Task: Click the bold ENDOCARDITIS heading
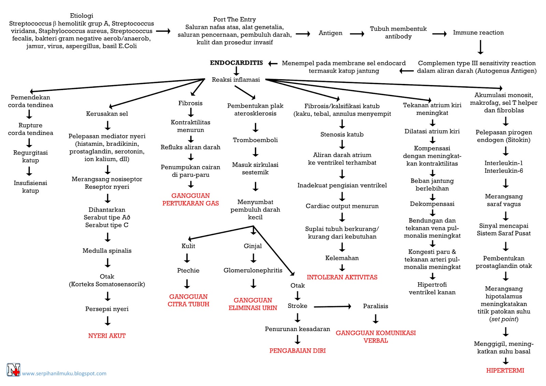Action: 236,63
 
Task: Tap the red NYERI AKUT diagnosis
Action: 107,336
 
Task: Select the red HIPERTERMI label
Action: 505,370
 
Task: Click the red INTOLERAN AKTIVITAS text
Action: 342,277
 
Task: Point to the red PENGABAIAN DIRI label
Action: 297,351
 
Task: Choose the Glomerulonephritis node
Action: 253,270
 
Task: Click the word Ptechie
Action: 188,270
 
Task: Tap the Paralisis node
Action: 375,306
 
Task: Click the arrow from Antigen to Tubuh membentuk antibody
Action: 357,34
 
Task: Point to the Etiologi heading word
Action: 82,16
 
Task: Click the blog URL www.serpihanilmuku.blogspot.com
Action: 64,373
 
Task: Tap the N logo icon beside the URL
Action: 13,370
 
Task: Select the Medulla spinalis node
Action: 107,251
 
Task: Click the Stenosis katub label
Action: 342,134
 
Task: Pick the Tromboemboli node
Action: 255,140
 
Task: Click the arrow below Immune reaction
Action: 480,47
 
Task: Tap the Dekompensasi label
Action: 432,204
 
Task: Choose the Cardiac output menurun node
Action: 342,206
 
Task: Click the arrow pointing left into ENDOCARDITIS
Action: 273,63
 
